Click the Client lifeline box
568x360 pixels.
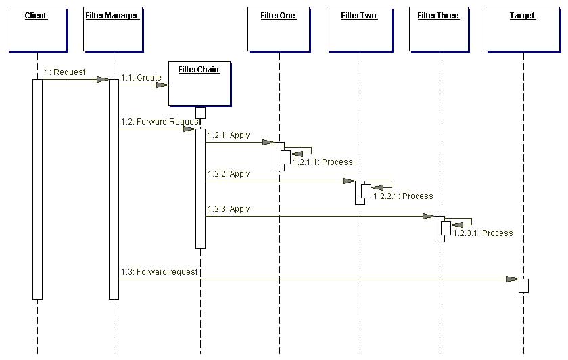point(37,30)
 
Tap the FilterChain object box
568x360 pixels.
point(198,83)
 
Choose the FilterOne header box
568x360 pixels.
point(278,30)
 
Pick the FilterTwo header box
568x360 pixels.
point(359,30)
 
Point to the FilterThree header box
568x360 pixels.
point(439,30)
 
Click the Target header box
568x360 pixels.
point(522,30)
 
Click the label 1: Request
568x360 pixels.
point(66,72)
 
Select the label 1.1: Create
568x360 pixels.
point(141,78)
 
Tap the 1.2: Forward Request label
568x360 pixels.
point(160,122)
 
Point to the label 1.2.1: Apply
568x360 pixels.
point(229,135)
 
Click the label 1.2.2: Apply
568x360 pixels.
point(229,174)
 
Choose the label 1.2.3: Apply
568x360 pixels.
point(229,209)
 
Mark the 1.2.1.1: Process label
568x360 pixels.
point(323,162)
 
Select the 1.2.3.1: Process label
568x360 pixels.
point(483,233)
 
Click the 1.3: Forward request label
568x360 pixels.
point(160,272)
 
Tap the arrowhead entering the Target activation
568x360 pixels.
point(512,279)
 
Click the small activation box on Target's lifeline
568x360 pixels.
point(523,286)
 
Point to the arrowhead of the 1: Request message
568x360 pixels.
point(102,79)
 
